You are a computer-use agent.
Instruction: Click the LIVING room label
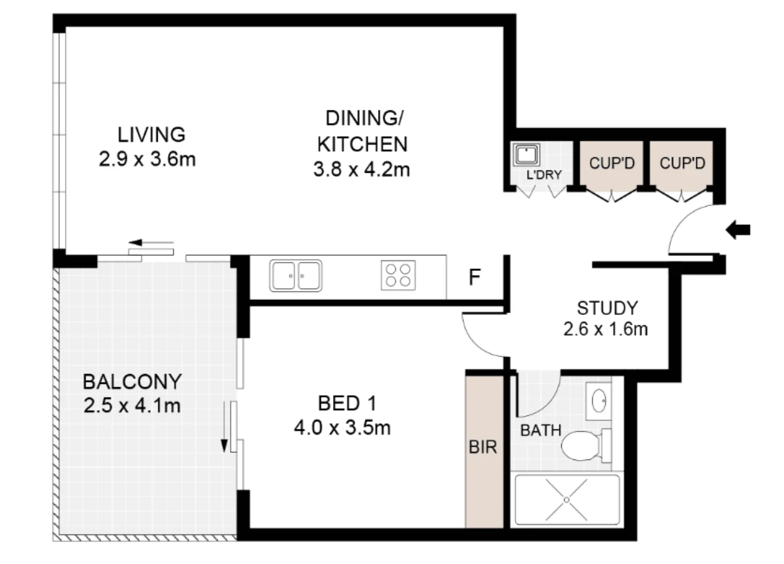coord(151,135)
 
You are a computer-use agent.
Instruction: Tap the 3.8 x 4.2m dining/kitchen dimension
coord(361,170)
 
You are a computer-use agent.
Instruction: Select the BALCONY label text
coord(132,382)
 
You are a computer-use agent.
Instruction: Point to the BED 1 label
coord(347,403)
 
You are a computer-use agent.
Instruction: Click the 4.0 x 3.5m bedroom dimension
coord(342,428)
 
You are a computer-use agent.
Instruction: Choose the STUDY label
coord(607,308)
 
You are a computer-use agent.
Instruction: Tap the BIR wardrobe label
coord(483,447)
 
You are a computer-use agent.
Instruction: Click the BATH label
coord(540,431)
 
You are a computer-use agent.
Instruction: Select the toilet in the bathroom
coord(583,446)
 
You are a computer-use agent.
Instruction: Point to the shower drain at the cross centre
coord(567,500)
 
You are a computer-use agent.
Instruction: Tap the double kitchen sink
coord(296,276)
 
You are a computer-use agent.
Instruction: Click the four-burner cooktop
coord(398,276)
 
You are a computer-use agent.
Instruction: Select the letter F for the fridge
coord(475,277)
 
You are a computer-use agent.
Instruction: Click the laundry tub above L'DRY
coord(526,155)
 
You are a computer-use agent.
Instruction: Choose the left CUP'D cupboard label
coord(611,164)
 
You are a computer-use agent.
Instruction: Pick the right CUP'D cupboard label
coord(682,164)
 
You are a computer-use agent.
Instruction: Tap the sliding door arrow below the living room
coord(151,243)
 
